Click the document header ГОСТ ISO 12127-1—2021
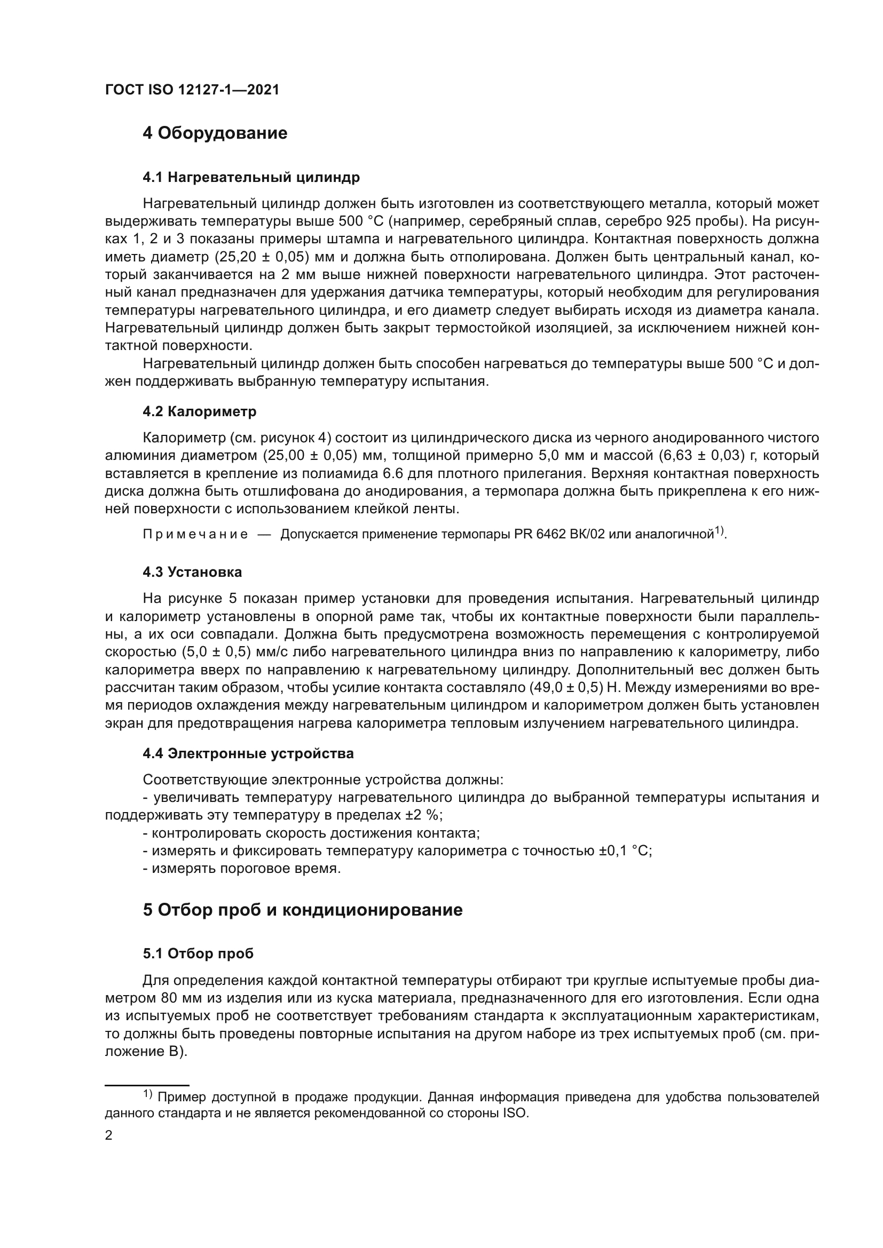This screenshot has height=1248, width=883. [x=192, y=90]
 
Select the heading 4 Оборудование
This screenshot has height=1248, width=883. [x=215, y=133]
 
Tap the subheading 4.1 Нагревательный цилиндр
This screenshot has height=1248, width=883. [x=251, y=177]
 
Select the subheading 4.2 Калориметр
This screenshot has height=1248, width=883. [x=200, y=411]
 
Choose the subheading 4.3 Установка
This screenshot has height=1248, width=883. [x=193, y=572]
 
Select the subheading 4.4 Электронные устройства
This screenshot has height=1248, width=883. [x=248, y=753]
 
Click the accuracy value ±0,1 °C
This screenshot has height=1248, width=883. [x=625, y=850]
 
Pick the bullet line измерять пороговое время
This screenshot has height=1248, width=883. [x=242, y=869]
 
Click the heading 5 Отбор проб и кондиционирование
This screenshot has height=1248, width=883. [x=302, y=910]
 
